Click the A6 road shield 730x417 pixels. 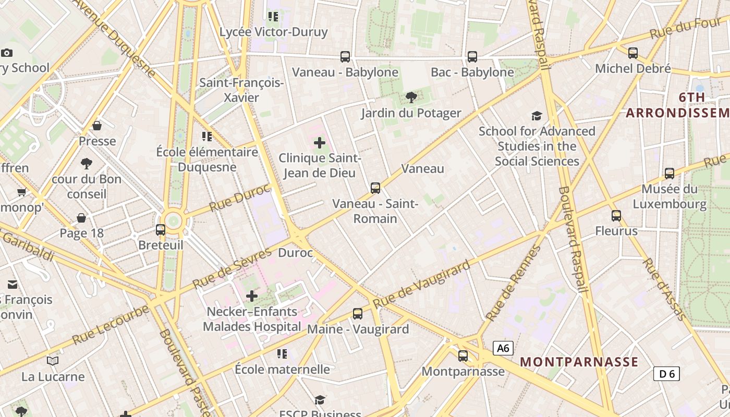pos(503,348)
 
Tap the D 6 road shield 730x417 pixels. pos(666,373)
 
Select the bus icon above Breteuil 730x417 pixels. pos(161,229)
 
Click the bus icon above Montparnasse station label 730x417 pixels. pos(463,356)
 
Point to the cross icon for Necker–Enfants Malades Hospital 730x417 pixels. pos(252,296)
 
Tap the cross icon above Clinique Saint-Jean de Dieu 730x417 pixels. pos(320,142)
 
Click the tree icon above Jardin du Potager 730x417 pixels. pos(411,97)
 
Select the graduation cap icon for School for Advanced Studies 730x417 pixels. pos(537,116)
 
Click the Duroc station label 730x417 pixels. pos(296,253)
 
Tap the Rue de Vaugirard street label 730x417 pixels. pos(421,284)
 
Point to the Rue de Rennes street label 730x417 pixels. pos(513,283)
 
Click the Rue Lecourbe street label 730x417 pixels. pos(110,324)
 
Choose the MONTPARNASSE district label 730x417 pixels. pos(579,362)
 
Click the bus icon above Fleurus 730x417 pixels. pos(616,215)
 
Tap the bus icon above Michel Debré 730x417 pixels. pos(633,53)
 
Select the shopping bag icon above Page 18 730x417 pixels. pos(81,217)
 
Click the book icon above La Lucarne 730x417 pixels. pos(53,361)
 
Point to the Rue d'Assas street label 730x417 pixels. pos(664,289)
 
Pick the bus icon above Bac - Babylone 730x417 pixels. pos(472,56)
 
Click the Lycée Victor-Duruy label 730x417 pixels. pos(274,32)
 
